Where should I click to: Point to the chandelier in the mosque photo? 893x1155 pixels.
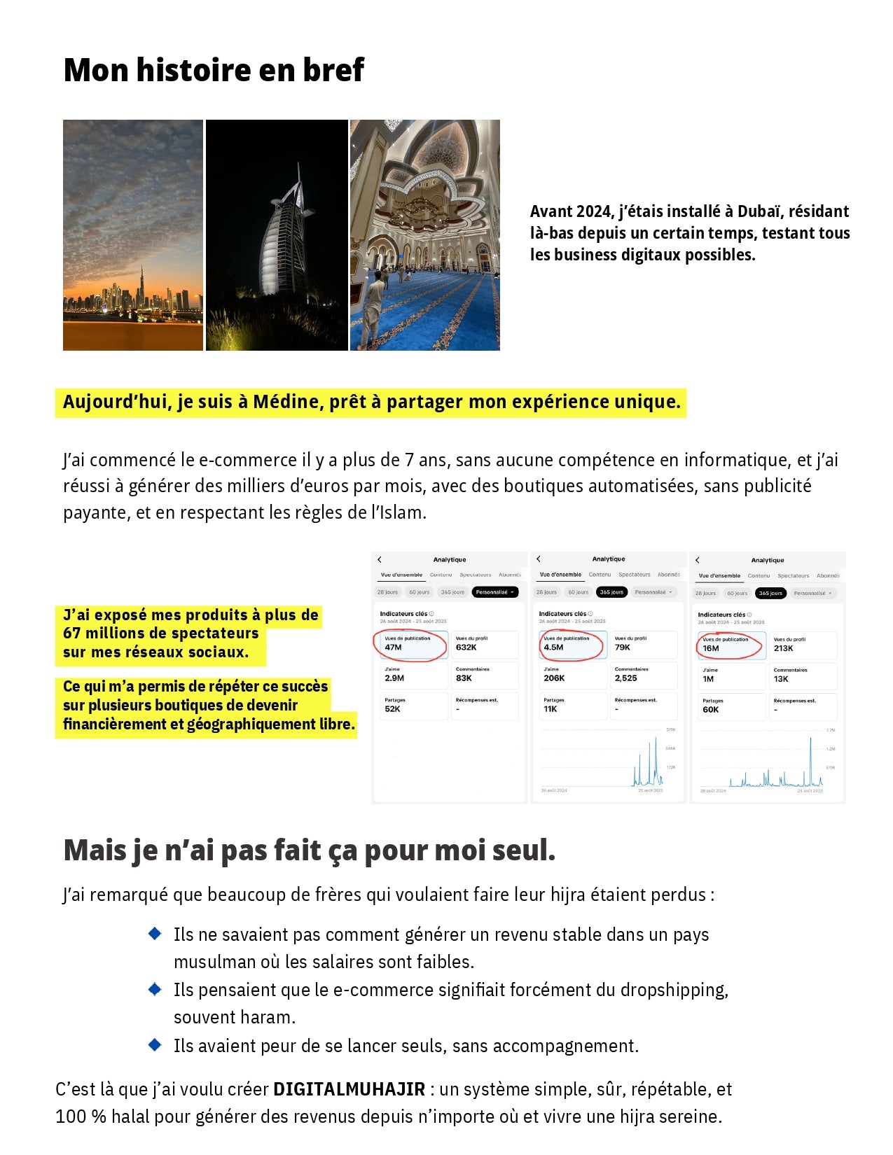420,206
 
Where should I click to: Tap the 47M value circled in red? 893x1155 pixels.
394,647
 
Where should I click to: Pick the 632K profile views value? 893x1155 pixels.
466,647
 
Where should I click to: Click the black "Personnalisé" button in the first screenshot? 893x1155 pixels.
494,592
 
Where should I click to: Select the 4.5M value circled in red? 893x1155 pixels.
553,647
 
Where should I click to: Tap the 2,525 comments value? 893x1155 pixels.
625,678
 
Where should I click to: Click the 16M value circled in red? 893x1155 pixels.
711,648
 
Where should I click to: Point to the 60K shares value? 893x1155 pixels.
711,710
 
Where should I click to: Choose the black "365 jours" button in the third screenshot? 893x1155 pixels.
770,593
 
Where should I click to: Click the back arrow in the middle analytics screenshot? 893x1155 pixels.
539,559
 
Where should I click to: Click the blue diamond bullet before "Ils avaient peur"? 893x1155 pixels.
155,1045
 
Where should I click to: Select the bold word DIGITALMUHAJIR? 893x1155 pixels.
349,1089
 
